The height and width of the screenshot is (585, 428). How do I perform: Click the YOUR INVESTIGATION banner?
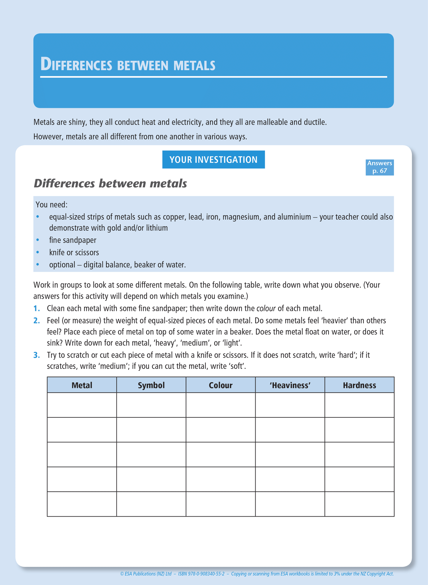tap(213, 160)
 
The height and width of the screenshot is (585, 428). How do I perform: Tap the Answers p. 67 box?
tap(379, 167)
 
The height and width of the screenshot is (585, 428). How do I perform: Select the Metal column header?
tap(82, 385)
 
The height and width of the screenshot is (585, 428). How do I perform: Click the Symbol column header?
tap(151, 385)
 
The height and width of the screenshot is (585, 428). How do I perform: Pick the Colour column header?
tap(220, 385)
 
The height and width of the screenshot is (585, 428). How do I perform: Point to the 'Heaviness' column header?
tap(290, 385)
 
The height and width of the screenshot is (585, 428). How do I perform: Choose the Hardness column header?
tap(359, 385)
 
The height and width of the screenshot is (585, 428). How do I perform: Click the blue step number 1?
tap(36, 308)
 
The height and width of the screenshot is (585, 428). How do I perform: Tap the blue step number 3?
tap(36, 355)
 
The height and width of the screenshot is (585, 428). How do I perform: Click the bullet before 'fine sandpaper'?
tap(38, 240)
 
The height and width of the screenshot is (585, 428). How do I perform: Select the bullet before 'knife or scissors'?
tap(38, 253)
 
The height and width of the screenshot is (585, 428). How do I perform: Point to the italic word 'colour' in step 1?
tap(266, 308)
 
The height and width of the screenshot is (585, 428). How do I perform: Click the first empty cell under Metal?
tap(82, 405)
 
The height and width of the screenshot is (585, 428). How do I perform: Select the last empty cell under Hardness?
tap(359, 504)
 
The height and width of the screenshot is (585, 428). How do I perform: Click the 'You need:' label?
tap(52, 205)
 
